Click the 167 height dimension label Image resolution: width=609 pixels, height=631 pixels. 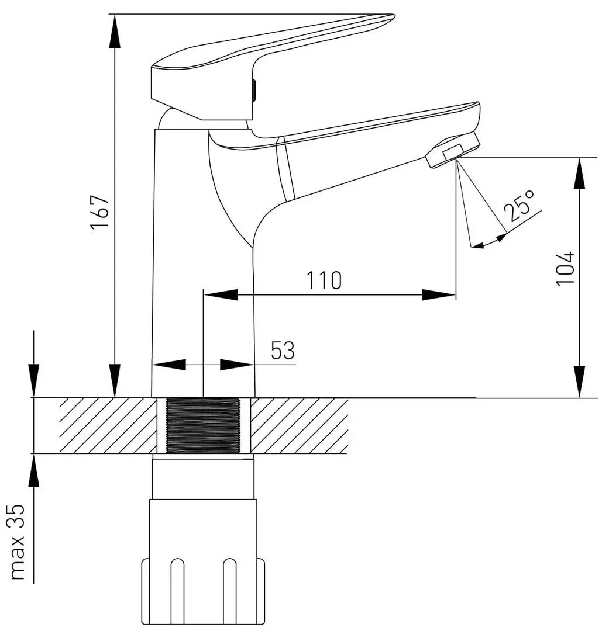(99, 213)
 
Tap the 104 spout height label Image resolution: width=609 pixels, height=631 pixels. (565, 268)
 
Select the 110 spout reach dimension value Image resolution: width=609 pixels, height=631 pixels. (325, 280)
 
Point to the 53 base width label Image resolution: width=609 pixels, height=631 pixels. (283, 350)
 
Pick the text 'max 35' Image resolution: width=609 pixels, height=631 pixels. (18, 542)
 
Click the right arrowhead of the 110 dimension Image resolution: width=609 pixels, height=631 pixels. (439, 295)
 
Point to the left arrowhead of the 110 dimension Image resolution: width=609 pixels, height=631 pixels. (221, 294)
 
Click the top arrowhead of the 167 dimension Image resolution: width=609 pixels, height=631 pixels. (115, 32)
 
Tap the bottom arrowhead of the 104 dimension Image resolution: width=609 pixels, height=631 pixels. (580, 382)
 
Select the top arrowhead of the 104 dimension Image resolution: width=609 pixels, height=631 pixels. (580, 174)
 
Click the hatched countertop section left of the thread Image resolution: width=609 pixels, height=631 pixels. (108, 426)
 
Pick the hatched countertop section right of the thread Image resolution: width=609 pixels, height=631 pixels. (299, 426)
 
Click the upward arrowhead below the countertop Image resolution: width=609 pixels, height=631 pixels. (34, 471)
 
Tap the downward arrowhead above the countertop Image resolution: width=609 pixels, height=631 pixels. (34, 381)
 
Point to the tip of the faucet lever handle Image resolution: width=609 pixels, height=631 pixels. (393, 17)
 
